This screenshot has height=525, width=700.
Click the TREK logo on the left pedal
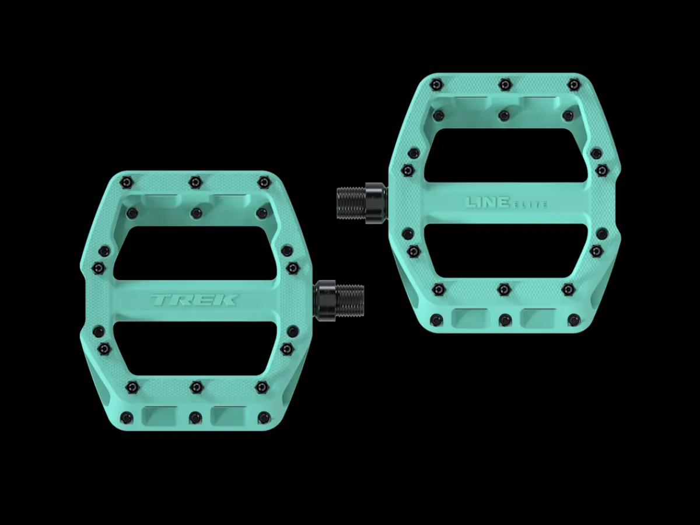tap(194, 300)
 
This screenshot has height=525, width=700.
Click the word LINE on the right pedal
tap(487, 202)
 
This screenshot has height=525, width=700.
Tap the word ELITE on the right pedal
tap(529, 205)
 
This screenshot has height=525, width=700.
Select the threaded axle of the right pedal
tap(351, 203)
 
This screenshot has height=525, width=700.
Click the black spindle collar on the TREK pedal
tap(325, 300)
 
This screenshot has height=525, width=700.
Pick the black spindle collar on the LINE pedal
tap(376, 204)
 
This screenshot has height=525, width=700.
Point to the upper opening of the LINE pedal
tap(506, 155)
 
